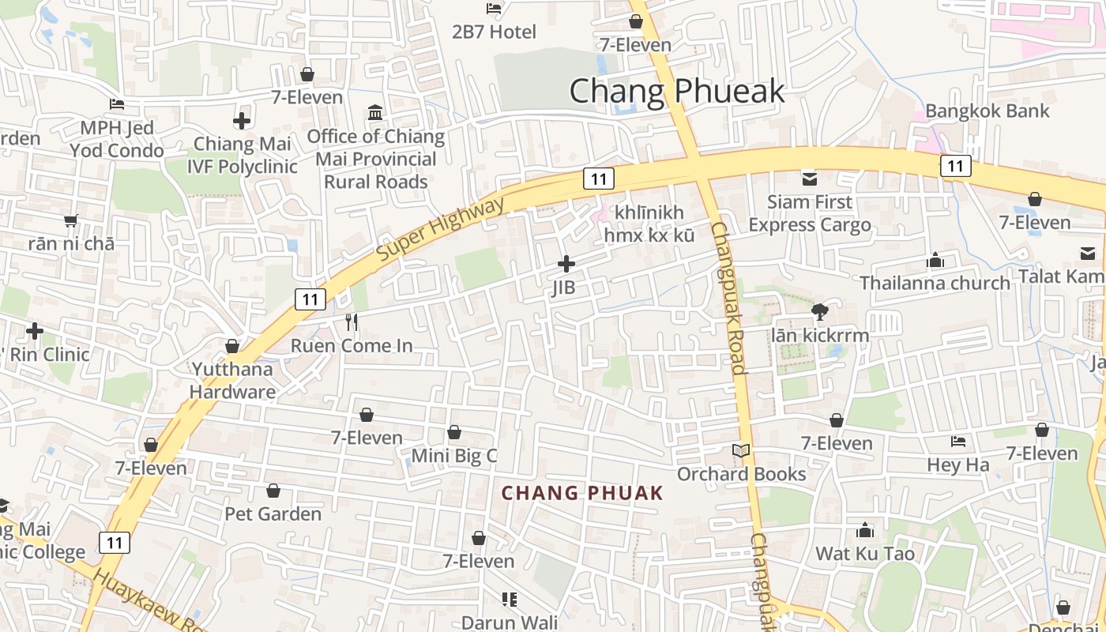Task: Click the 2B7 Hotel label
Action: click(494, 32)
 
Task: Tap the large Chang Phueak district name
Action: click(677, 91)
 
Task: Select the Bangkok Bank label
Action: click(987, 111)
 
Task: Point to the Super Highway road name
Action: click(440, 230)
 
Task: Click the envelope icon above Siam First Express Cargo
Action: click(809, 179)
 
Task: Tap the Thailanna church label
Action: click(935, 283)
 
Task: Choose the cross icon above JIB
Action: click(566, 264)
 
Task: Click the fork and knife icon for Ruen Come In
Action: click(352, 322)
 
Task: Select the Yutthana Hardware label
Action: click(232, 380)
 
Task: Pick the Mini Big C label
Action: click(454, 456)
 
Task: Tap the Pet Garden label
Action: click(273, 514)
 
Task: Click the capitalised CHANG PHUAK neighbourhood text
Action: click(582, 494)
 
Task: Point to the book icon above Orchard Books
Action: click(741, 451)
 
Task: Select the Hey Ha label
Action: click(957, 465)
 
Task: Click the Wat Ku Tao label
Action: click(865, 553)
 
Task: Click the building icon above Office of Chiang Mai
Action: click(375, 113)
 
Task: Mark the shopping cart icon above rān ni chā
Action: click(71, 220)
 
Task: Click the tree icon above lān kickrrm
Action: click(820, 312)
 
